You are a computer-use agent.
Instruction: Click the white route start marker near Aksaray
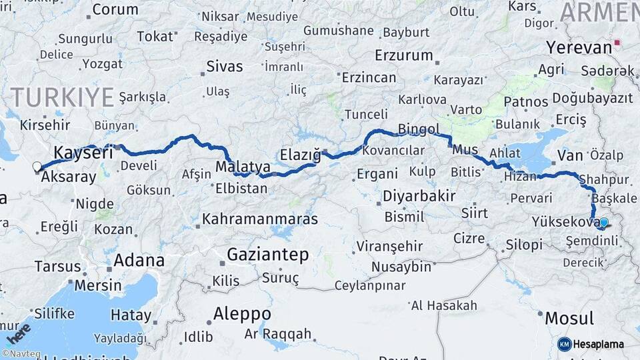coord(37,167)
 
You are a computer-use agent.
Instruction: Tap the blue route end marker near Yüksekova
coord(603,223)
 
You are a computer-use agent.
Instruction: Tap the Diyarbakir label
coord(419,196)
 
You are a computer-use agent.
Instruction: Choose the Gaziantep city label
coord(267,255)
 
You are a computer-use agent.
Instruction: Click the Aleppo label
coord(242,314)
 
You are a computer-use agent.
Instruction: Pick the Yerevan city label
coord(579,47)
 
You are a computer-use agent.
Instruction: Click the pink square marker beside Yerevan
coord(617,43)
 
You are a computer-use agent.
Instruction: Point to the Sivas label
coord(225,67)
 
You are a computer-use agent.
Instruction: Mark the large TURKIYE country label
coord(63,97)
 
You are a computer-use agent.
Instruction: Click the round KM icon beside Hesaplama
coord(564,344)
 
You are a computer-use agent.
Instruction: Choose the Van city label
coord(570,155)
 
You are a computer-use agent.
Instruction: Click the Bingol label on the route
coord(418,129)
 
